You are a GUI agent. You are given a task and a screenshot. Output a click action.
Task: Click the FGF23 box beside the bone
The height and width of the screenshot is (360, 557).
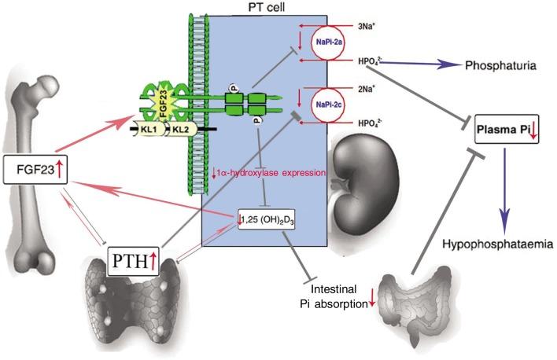point(35,169)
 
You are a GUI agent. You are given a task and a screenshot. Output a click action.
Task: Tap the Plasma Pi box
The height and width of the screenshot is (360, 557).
point(507,129)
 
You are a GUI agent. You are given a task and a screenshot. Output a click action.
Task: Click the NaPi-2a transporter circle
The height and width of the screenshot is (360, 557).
point(329,43)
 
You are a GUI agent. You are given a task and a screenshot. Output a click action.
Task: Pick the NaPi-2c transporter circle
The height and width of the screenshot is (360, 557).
point(329,105)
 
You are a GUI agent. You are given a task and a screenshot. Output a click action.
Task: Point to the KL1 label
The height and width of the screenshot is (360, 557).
point(148,130)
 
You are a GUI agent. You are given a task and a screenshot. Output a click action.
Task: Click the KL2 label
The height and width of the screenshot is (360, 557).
point(181,130)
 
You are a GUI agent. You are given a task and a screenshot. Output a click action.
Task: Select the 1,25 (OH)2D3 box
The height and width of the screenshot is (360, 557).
point(266,220)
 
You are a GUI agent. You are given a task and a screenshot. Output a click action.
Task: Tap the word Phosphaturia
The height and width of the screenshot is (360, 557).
point(501,65)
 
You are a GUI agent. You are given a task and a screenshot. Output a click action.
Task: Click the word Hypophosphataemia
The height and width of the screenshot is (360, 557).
point(498,244)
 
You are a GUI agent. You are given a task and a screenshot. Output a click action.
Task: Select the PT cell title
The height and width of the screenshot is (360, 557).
point(267,8)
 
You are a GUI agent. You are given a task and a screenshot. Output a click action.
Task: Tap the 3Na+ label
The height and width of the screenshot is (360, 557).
point(367,26)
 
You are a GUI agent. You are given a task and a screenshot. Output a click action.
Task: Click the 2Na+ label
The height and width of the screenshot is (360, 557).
point(367,89)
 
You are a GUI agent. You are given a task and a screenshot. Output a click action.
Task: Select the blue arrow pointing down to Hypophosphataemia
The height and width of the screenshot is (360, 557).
point(504,192)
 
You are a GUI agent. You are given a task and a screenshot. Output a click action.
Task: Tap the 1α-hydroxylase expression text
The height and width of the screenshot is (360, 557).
point(269,173)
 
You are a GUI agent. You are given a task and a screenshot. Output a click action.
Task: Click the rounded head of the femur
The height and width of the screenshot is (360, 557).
point(46,86)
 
